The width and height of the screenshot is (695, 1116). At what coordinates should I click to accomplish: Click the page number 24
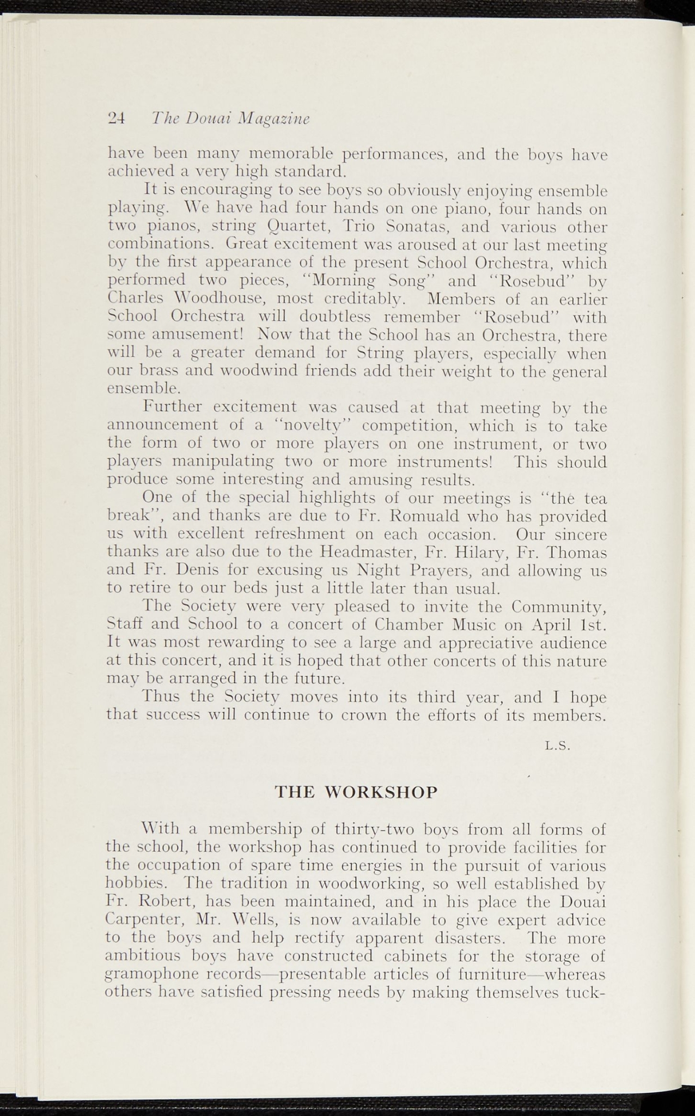[117, 118]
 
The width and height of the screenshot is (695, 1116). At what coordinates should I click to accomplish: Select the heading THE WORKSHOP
[356, 792]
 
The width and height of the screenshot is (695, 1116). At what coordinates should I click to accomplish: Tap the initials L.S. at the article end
[557, 748]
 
